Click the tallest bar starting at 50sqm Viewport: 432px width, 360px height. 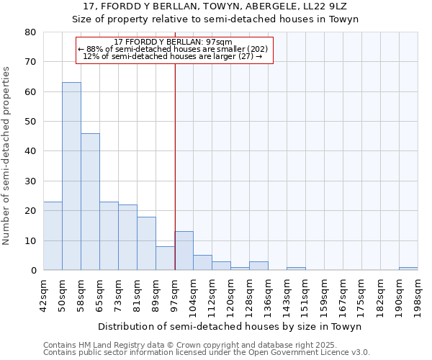(71, 176)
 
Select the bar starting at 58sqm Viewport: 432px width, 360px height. (90, 202)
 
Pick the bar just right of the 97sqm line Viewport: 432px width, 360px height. (184, 251)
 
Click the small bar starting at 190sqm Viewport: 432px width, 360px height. (408, 269)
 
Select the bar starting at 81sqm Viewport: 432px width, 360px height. (146, 243)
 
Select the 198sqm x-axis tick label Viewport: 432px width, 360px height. (418, 296)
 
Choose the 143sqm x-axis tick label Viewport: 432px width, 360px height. (287, 296)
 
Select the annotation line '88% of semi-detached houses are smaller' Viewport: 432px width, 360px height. (173, 49)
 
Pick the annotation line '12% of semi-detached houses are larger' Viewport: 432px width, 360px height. (173, 56)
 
